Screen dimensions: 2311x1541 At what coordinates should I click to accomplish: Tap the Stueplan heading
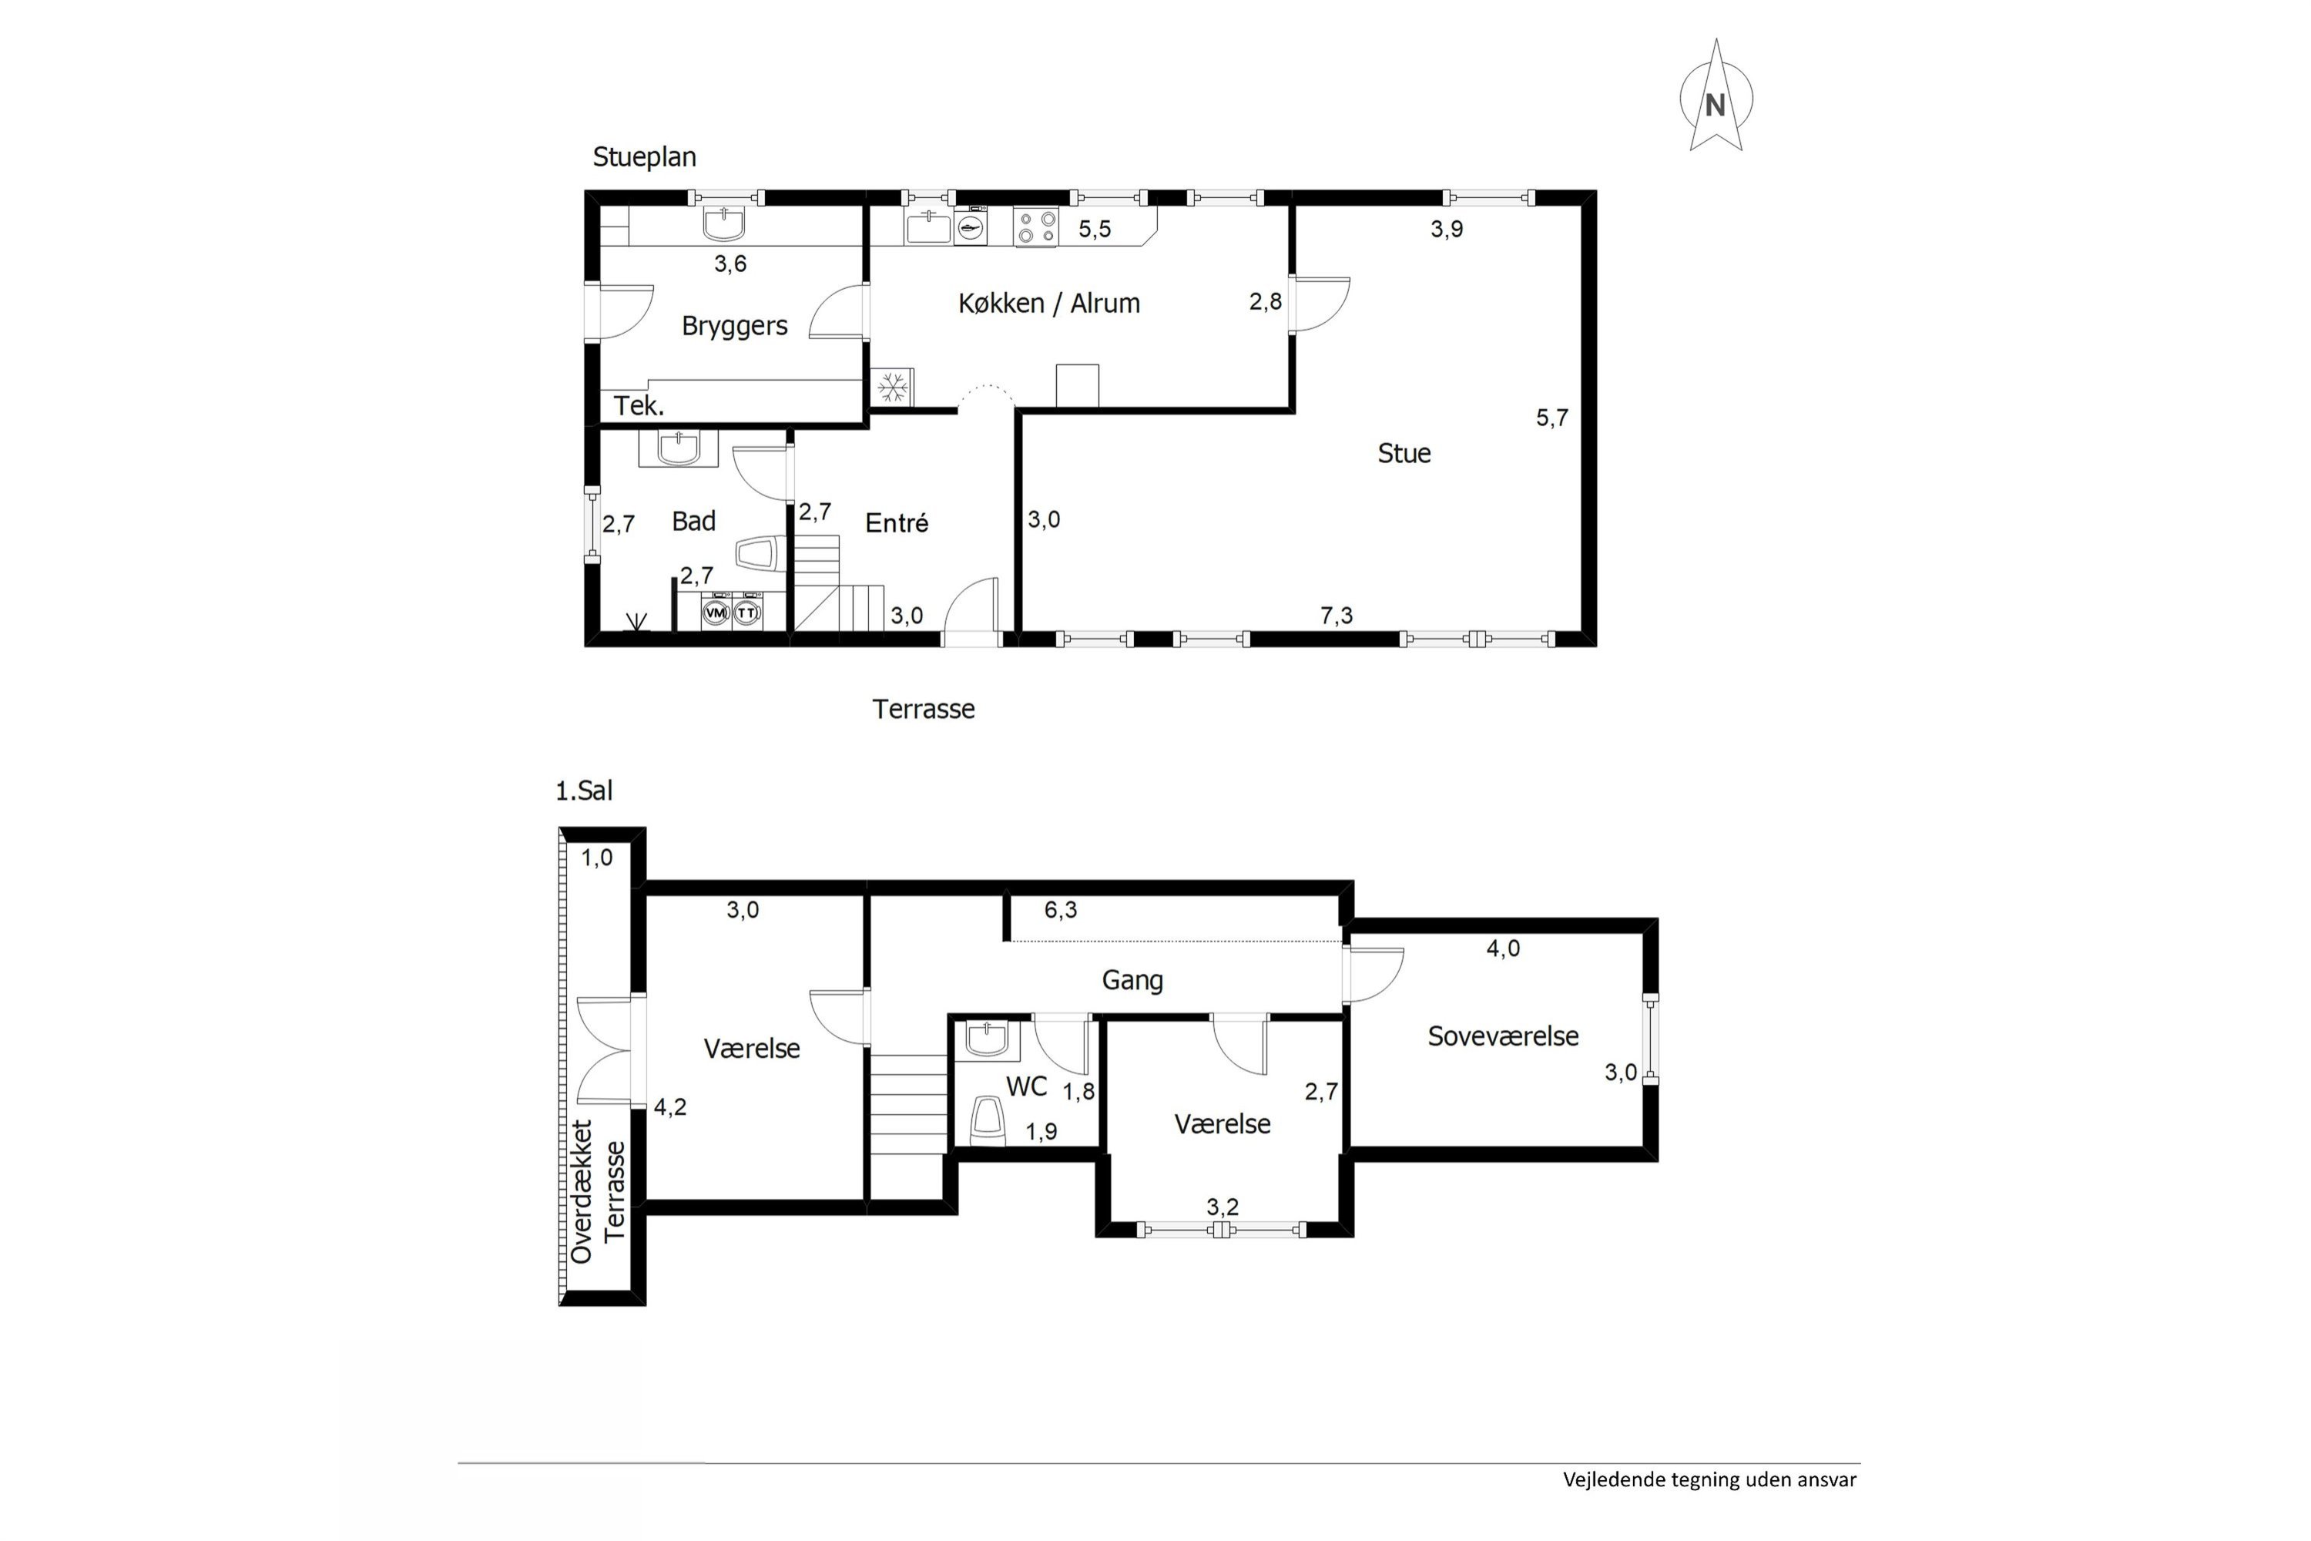(645, 157)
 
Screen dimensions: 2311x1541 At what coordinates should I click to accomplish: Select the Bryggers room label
(735, 326)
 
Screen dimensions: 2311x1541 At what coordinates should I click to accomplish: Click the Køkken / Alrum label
(1049, 303)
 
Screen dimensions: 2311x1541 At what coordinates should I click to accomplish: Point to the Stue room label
(1404, 453)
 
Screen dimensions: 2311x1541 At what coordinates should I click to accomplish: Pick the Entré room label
(897, 523)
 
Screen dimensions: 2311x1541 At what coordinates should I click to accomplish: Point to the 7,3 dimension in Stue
(1337, 615)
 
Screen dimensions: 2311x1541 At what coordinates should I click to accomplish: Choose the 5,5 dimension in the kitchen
(1095, 229)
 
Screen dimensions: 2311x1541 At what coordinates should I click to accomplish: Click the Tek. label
(639, 406)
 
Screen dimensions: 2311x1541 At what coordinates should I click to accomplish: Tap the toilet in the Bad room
(756, 552)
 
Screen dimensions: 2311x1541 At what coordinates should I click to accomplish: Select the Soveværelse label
(1504, 1036)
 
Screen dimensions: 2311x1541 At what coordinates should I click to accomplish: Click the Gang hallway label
(1133, 980)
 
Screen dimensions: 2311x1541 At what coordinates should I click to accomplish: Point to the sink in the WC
(987, 1039)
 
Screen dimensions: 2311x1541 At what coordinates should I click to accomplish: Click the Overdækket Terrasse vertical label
(598, 1191)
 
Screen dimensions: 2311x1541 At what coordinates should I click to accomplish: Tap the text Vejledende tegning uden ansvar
(1709, 1506)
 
